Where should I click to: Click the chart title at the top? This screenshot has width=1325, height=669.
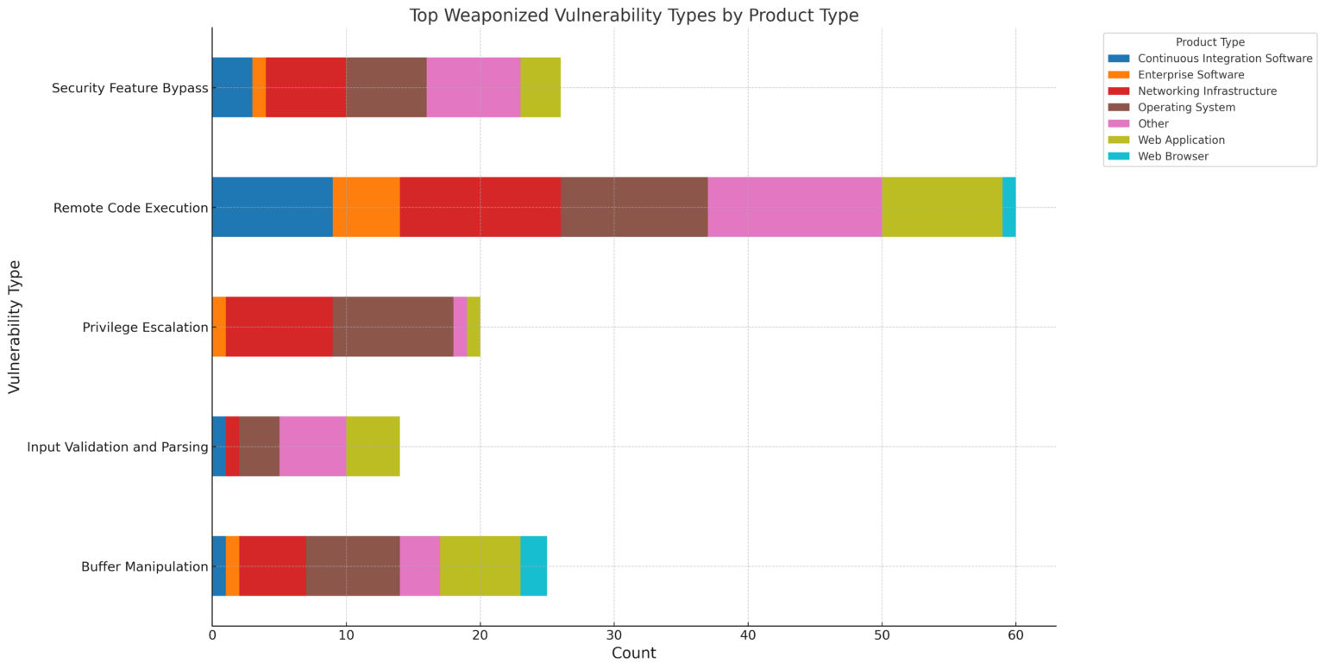click(x=633, y=16)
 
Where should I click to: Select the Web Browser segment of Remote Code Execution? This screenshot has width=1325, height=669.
click(x=1008, y=207)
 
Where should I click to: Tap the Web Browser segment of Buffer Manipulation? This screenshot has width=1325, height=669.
click(x=533, y=566)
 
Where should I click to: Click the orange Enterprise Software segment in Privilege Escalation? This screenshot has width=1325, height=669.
click(x=219, y=326)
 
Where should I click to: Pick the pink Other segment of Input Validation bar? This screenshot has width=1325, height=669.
click(x=312, y=446)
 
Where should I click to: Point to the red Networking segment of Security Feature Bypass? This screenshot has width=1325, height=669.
click(x=305, y=87)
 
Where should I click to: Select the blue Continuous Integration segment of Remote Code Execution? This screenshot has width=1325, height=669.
click(x=272, y=207)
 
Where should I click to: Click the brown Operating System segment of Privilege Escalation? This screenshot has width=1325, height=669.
click(x=392, y=326)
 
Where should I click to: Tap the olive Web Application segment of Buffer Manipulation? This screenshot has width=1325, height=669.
click(x=480, y=566)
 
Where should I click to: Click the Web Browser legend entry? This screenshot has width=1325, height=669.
click(x=1172, y=157)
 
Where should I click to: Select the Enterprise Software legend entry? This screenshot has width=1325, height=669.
click(x=1190, y=75)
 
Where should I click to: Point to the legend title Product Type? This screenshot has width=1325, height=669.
click(x=1209, y=42)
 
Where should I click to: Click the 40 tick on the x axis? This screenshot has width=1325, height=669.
click(x=748, y=636)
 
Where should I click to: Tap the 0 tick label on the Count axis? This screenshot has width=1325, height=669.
click(x=212, y=636)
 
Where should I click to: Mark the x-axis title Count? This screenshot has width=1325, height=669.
click(x=633, y=653)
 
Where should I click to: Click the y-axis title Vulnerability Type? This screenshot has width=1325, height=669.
click(x=15, y=326)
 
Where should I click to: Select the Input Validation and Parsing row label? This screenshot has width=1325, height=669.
click(x=117, y=447)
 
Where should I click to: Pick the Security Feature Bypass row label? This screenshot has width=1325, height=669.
click(x=130, y=88)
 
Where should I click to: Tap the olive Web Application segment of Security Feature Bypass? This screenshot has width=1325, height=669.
click(x=540, y=87)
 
